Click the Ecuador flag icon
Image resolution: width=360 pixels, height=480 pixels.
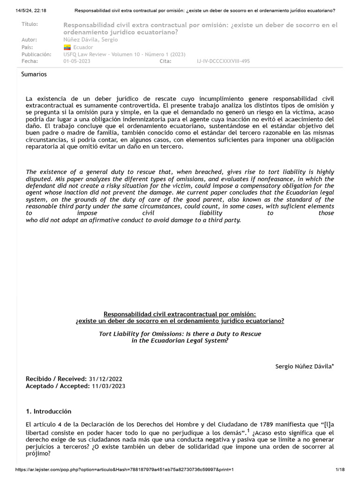click(x=67, y=47)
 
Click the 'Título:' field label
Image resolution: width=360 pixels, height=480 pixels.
click(x=30, y=24)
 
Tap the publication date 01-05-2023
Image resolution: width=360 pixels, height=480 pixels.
click(x=77, y=61)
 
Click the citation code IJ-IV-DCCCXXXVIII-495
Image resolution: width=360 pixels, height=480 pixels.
click(x=224, y=61)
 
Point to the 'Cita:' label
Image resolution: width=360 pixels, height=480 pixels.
click(x=165, y=61)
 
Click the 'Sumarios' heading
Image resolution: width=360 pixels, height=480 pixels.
click(x=34, y=74)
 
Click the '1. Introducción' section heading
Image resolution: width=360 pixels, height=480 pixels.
click(x=49, y=411)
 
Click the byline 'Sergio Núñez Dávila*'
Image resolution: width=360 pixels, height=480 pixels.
click(x=305, y=366)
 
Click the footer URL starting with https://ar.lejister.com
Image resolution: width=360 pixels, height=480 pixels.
click(x=124, y=470)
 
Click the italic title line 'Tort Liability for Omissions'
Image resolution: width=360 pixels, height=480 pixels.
click(x=180, y=334)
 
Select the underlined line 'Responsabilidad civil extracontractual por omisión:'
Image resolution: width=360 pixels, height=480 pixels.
click(x=180, y=314)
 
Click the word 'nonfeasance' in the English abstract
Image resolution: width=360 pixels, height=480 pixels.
click(x=263, y=179)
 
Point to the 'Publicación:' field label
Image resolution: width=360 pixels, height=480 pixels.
click(x=37, y=54)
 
